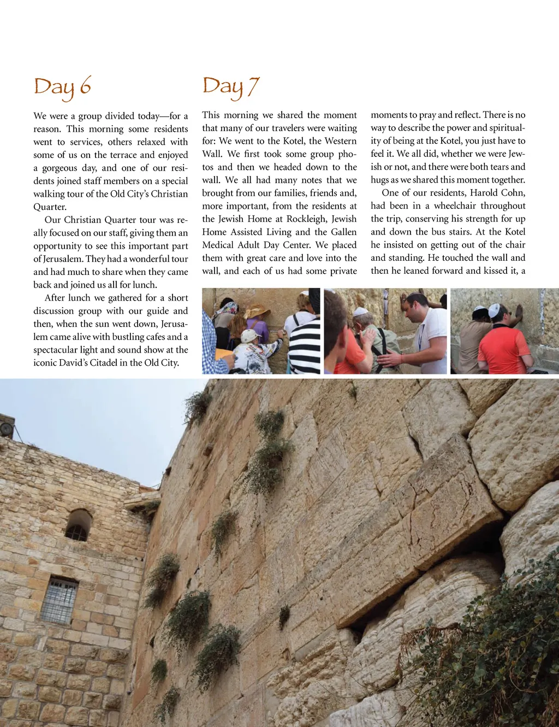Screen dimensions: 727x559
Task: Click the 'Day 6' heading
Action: (62, 87)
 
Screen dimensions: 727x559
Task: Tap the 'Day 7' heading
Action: (230, 86)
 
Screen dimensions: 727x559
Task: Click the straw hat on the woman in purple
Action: (258, 312)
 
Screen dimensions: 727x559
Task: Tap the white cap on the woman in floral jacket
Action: (249, 335)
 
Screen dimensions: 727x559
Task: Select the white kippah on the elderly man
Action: (360, 312)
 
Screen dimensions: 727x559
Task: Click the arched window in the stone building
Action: (79, 525)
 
